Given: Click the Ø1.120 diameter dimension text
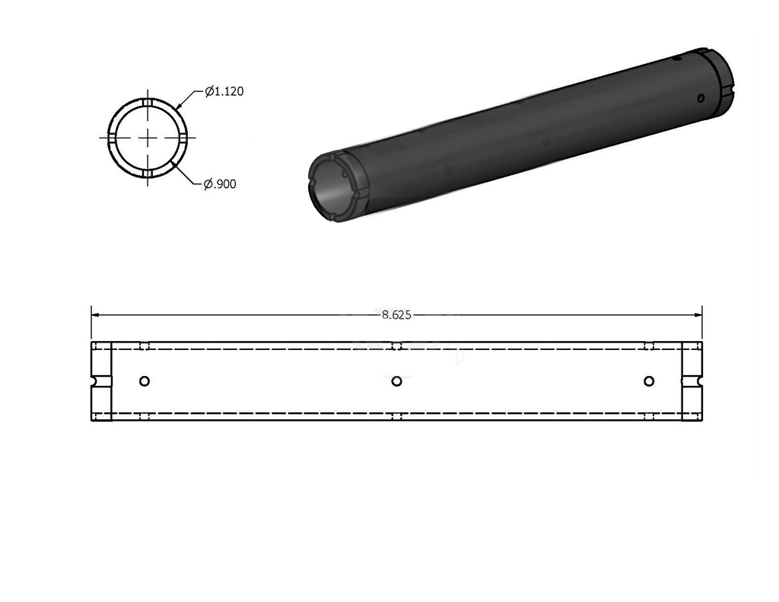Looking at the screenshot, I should click(x=224, y=91).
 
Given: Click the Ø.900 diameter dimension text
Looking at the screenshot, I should click(x=220, y=184).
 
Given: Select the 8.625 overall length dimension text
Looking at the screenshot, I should click(x=396, y=315).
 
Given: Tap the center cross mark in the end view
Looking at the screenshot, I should click(x=148, y=138).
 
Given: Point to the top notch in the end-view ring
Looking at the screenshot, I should click(x=148, y=103).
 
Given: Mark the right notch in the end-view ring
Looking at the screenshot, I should click(x=183, y=138).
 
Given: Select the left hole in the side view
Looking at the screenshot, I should click(x=145, y=381).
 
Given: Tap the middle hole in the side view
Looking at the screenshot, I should click(x=396, y=381).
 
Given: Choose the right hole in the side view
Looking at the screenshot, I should click(x=648, y=381).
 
